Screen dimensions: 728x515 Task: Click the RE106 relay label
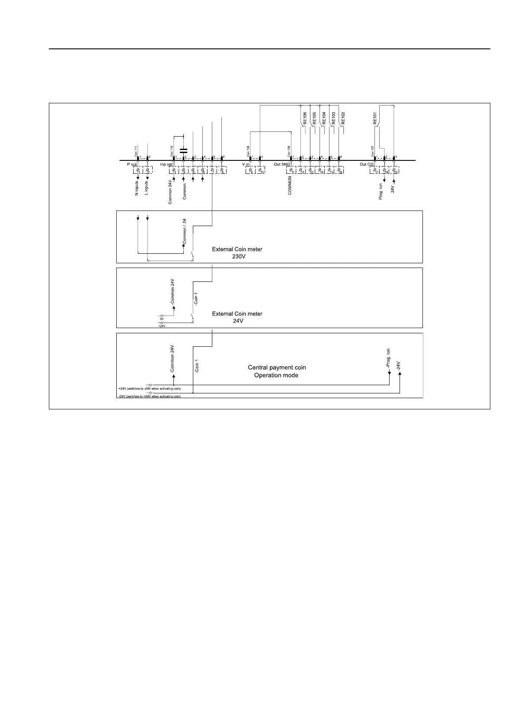305,118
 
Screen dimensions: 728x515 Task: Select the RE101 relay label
375,118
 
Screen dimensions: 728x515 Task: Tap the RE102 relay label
343,118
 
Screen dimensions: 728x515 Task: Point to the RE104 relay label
324,118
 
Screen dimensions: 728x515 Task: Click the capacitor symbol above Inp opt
183,151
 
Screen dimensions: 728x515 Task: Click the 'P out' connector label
132,165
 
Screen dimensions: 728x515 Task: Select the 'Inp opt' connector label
166,165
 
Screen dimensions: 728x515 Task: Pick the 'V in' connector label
246,165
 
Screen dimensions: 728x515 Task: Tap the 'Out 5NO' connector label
282,165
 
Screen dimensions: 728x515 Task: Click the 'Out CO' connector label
366,165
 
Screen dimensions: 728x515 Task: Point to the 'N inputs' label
137,188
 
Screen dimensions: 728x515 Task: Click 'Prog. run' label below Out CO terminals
381,191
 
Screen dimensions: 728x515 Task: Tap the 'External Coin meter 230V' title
237,253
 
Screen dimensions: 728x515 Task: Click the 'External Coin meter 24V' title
237,317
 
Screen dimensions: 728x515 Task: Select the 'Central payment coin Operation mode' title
277,371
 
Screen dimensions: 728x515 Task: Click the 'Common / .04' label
185,232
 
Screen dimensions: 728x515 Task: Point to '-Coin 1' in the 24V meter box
196,299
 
